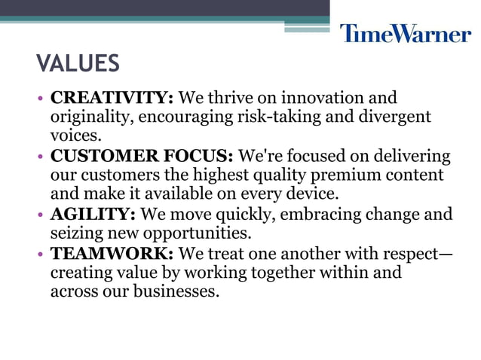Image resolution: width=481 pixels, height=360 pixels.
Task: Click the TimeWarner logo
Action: coord(405,33)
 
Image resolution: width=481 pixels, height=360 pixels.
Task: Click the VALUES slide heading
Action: coord(78,64)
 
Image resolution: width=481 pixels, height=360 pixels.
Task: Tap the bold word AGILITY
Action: coord(93,215)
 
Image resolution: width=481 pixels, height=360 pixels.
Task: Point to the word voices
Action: coord(75,136)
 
